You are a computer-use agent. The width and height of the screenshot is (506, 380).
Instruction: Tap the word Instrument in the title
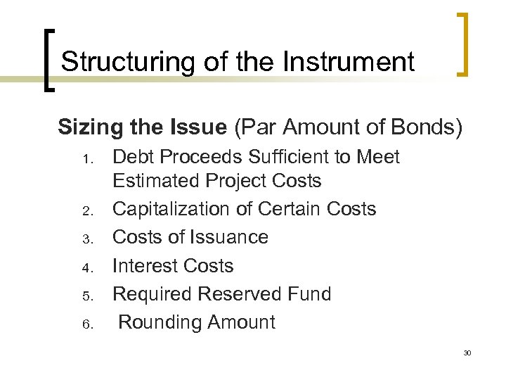[349, 62]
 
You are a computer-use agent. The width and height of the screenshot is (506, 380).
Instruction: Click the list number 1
[88, 158]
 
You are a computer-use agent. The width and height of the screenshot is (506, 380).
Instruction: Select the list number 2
[88, 210]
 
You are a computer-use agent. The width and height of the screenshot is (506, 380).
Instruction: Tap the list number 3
[88, 239]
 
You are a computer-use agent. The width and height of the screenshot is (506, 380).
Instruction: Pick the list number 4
[88, 267]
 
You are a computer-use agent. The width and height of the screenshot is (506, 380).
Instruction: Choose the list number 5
[88, 295]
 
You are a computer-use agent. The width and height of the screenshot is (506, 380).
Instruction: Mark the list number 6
[88, 323]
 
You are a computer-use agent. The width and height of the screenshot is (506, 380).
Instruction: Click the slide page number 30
[467, 352]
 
